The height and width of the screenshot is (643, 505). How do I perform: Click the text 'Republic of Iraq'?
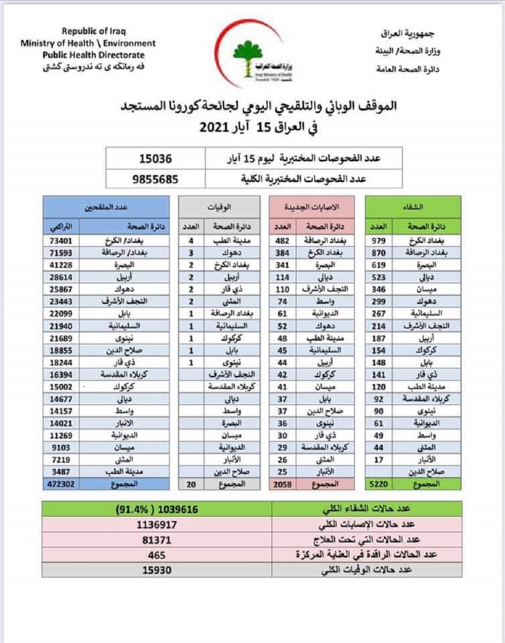pyautogui.click(x=94, y=32)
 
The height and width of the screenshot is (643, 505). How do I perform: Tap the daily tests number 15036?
pyautogui.click(x=156, y=159)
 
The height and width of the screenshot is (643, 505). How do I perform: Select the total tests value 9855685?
pyautogui.click(x=156, y=179)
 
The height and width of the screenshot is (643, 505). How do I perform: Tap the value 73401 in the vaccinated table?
pyautogui.click(x=60, y=241)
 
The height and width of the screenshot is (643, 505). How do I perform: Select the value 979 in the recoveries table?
pyautogui.click(x=378, y=241)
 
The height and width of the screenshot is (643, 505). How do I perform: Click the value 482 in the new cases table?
pyautogui.click(x=283, y=241)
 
